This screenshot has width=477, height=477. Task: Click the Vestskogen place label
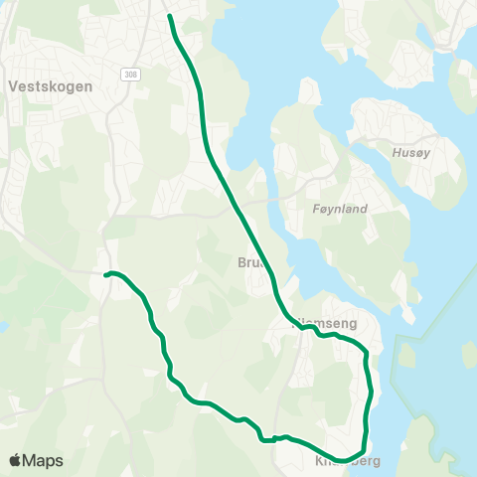tap(49, 86)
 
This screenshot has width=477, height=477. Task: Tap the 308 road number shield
tap(131, 75)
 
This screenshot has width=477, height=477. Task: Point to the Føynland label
tap(340, 209)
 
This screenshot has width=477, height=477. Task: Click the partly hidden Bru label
tap(247, 263)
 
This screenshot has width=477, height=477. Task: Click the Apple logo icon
tap(15, 460)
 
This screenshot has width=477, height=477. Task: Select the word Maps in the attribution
tap(43, 460)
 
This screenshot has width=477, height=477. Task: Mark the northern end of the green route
tap(170, 16)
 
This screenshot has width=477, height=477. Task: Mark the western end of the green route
tap(105, 274)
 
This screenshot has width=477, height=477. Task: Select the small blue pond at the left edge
tap(3, 326)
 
